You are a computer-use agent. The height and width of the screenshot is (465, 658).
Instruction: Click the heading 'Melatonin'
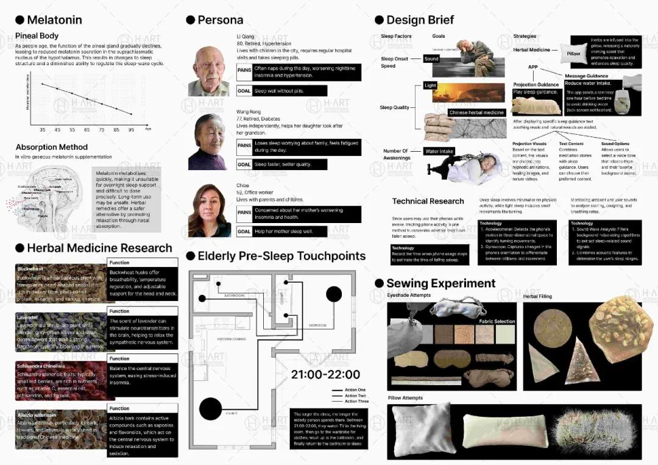coord(54,20)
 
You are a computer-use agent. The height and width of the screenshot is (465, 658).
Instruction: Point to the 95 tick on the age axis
coord(131,129)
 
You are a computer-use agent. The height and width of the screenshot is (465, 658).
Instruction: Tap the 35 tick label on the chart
coord(43,129)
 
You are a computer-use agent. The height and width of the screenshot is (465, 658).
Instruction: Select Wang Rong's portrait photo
coord(208,142)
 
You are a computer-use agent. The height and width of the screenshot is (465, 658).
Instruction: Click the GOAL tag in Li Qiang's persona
coord(244,91)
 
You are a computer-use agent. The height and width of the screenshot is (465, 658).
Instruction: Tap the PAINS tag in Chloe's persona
coord(244,213)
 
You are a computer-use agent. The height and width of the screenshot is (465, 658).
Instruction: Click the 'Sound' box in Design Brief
coord(431,59)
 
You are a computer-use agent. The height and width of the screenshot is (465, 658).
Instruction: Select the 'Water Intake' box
coord(440,151)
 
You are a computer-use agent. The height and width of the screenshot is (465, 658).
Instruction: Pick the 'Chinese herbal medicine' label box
coord(476,113)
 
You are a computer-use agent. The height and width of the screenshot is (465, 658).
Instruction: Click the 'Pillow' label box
coord(573,54)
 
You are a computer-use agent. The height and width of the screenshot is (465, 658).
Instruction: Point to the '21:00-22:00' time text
coord(325,374)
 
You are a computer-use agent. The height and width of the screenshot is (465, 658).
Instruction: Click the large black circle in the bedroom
coord(334,294)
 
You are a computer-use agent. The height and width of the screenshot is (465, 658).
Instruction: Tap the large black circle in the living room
coord(211,408)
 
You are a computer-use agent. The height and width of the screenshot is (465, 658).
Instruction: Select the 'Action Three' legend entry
coord(356,402)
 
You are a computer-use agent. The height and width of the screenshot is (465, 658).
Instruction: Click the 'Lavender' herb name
coord(27,318)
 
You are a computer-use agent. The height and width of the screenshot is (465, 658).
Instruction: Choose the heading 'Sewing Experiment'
coord(440,283)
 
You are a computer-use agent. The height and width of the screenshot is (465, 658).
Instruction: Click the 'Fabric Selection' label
coord(497,321)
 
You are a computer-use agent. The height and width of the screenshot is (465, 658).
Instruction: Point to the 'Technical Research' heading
coord(428,201)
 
